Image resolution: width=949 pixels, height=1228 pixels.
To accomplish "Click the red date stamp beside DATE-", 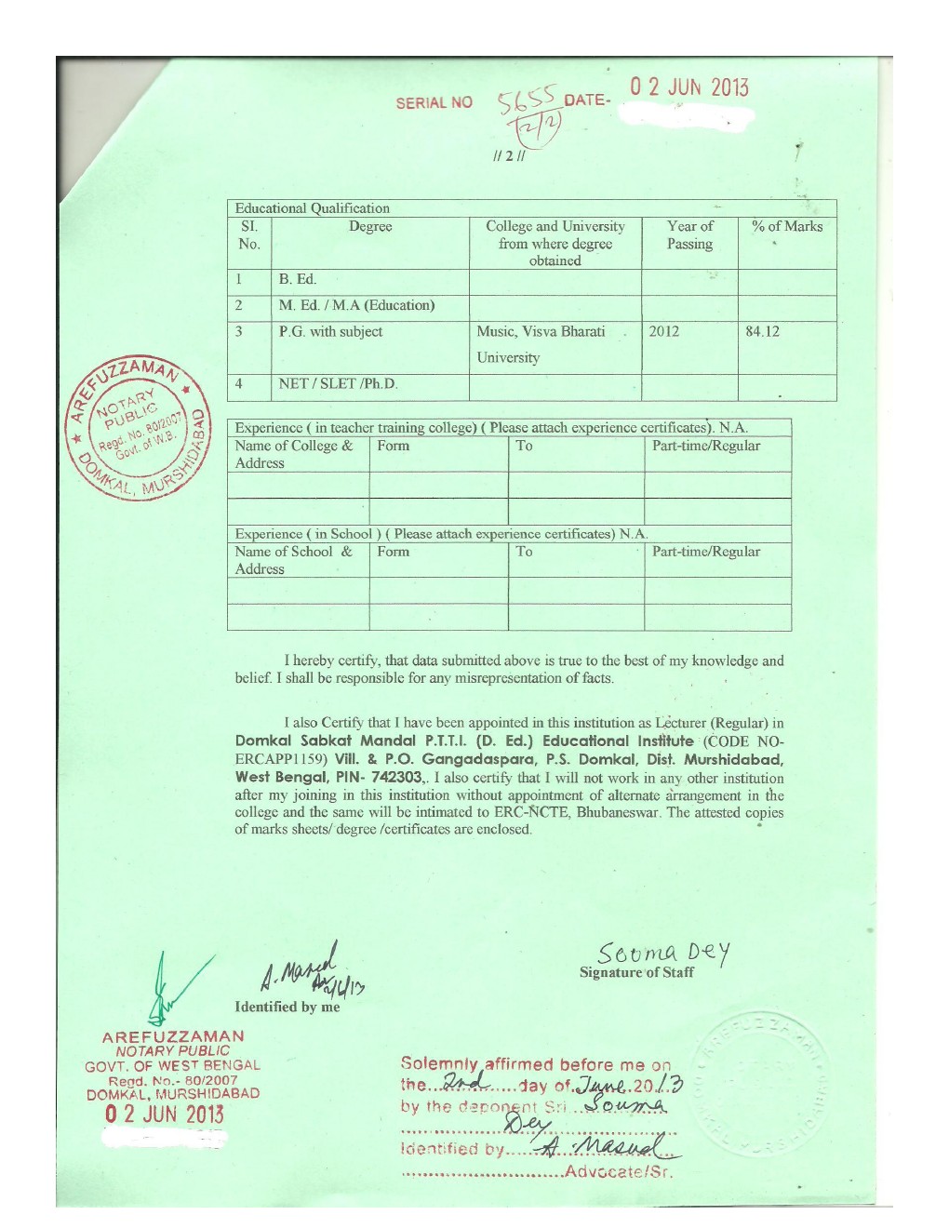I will [x=688, y=87].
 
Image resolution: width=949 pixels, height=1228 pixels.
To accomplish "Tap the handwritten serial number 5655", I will [x=526, y=100].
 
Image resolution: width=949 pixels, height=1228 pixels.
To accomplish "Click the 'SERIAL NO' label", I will [x=434, y=102].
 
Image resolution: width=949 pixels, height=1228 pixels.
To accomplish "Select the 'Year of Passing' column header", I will [x=689, y=235].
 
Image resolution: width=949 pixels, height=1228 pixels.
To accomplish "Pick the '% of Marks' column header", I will [x=787, y=226].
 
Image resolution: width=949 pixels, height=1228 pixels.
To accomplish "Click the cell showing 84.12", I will [x=762, y=331].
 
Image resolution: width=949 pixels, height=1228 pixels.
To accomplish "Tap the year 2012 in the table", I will [x=663, y=331].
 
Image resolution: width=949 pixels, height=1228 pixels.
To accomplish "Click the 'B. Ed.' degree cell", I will [x=298, y=279].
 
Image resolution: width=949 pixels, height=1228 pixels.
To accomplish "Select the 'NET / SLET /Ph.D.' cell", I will [x=338, y=383].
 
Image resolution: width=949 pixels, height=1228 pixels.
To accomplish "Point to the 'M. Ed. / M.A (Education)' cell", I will [x=356, y=305].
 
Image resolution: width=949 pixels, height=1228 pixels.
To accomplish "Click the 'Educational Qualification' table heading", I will [x=312, y=208].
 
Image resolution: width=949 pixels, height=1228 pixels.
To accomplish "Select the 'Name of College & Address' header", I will [x=293, y=454].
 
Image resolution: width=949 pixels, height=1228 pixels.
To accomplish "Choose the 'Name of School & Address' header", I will [x=293, y=560].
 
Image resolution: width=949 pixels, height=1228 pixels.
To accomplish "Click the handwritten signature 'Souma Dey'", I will [x=663, y=953].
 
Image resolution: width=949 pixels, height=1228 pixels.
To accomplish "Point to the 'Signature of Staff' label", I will [x=636, y=972].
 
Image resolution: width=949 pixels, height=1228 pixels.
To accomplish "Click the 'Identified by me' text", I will [x=287, y=1007].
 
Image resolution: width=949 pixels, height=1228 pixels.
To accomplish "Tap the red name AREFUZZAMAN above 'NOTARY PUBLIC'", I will [x=173, y=1036].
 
